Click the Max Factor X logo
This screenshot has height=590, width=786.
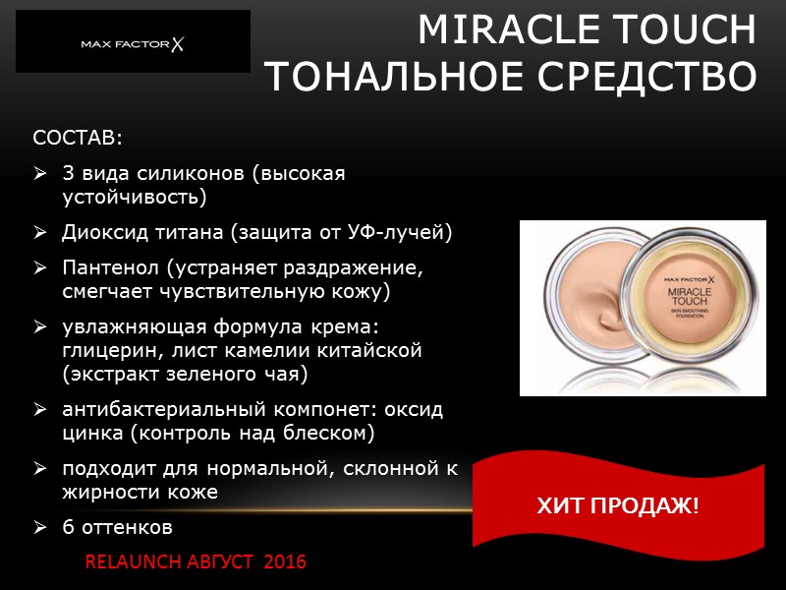click(134, 44)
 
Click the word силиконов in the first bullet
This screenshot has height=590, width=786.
click(193, 173)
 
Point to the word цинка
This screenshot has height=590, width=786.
click(90, 433)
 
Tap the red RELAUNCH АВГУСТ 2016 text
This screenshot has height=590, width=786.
click(196, 562)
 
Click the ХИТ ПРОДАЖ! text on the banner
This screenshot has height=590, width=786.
click(618, 506)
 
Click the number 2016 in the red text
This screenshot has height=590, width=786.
click(284, 562)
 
